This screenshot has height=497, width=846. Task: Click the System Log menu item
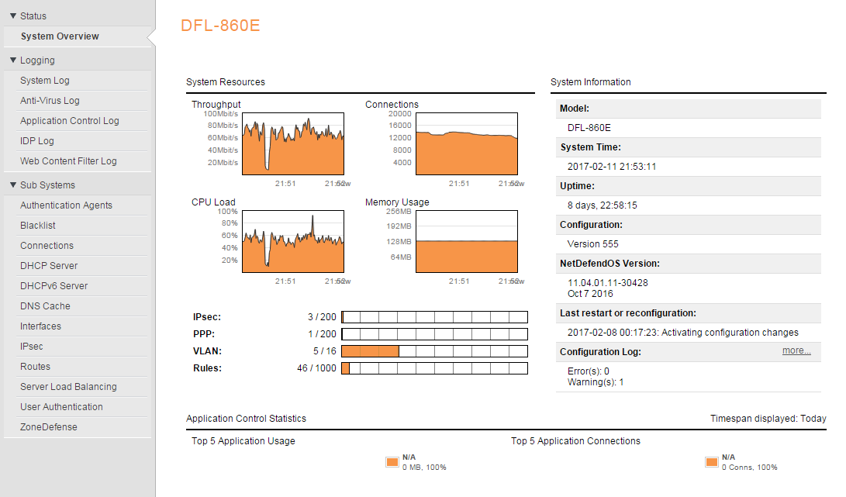pos(45,81)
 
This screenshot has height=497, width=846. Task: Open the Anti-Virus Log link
pos(50,101)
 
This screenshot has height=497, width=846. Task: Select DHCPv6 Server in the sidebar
pos(54,286)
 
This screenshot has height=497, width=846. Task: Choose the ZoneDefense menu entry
pos(49,427)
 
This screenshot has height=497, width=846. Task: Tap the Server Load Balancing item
pos(68,387)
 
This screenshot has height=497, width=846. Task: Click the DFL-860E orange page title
pos(220,26)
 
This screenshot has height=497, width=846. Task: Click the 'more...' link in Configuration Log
pos(796,351)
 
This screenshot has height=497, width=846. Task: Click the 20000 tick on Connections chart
pos(399,114)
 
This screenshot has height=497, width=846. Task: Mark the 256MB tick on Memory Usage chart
pos(399,212)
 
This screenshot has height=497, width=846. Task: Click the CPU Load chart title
pos(213,202)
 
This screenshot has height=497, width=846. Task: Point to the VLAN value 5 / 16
pos(325,351)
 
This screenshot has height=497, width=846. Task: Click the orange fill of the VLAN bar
pos(370,351)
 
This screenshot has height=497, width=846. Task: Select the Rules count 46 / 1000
pos(316,368)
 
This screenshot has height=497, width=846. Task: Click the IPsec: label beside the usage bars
pos(207,317)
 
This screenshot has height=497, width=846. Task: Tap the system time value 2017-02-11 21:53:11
pos(612,167)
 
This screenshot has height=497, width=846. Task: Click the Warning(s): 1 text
pos(596,382)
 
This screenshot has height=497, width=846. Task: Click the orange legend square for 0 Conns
pos(711,462)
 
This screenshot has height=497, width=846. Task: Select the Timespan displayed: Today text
pos(768,419)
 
